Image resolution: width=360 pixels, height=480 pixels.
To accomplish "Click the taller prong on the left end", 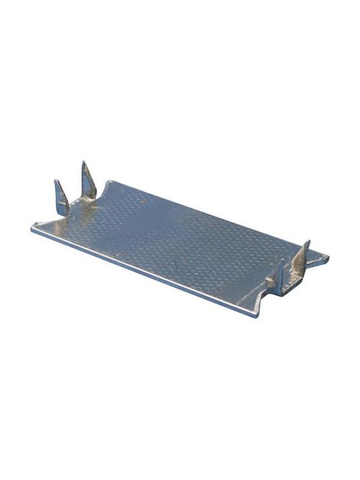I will [88, 181].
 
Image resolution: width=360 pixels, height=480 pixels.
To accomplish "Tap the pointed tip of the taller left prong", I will [84, 163].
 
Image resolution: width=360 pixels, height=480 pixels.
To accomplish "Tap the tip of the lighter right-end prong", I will [307, 242].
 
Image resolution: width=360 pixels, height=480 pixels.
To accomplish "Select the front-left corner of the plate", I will [33, 229].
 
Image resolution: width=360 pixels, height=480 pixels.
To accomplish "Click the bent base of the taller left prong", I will [90, 201].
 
